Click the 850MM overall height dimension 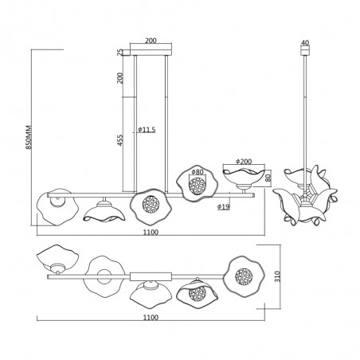29,137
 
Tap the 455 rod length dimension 120,140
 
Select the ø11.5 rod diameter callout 147,130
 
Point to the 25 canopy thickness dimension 120,52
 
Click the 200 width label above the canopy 151,41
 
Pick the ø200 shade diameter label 244,161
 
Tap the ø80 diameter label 198,172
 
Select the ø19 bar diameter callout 224,206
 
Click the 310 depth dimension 277,276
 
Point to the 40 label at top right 306,42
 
